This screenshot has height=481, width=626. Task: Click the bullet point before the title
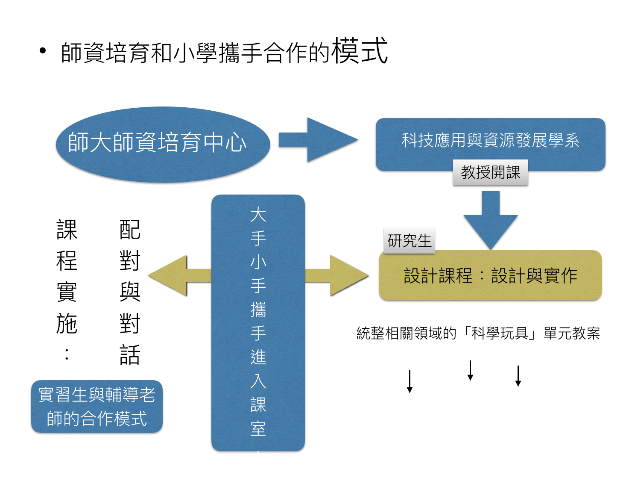(42, 51)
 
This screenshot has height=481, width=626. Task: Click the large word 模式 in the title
(360, 51)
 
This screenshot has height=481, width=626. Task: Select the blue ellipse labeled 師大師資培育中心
(163, 144)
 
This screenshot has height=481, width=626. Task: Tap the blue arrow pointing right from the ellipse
(318, 140)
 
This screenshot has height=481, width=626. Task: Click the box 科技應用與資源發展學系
(490, 140)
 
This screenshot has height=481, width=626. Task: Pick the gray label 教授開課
(490, 172)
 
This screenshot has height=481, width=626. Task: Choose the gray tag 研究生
(409, 241)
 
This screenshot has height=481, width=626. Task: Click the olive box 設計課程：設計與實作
(490, 275)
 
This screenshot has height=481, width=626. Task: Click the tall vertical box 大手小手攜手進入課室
(258, 322)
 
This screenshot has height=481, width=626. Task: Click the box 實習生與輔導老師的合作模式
(97, 406)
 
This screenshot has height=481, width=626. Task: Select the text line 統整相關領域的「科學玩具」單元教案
(478, 333)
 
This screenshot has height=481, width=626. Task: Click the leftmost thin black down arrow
(410, 381)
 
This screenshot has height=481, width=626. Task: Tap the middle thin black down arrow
(470, 370)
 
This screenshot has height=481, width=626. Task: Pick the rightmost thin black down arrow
(518, 376)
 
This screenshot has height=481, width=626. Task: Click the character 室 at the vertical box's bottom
(258, 428)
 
